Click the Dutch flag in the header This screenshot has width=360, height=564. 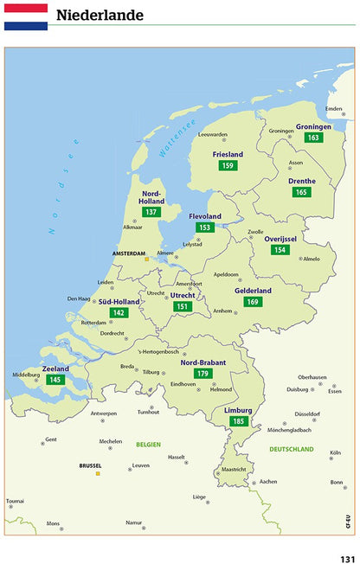click(25, 16)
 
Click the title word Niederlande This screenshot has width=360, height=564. click(100, 16)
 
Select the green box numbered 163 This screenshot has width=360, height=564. click(313, 138)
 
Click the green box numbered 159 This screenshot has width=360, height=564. click(228, 165)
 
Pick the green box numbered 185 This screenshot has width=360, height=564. click(238, 421)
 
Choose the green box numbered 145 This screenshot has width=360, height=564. click(55, 380)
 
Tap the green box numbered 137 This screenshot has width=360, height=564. click(151, 212)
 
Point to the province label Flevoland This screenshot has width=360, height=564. click(205, 216)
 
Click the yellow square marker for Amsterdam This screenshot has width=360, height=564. click(147, 258)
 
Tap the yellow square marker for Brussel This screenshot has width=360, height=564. click(98, 473)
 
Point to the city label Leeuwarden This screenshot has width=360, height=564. click(212, 134)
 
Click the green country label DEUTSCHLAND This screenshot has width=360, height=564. click(291, 449)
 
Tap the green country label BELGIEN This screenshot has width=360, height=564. click(148, 444)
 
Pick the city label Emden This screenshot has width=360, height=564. click(333, 108)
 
